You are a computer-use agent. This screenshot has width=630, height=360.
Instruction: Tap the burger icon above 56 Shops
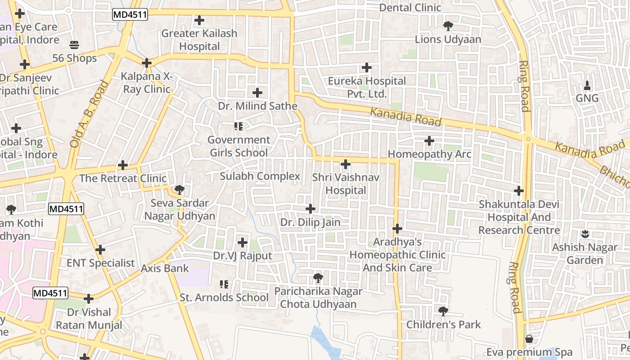point(74,45)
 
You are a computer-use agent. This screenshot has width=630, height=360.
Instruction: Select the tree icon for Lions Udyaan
point(448,26)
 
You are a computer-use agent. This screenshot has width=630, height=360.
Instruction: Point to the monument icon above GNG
point(587,85)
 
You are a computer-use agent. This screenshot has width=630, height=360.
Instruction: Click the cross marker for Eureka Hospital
point(367,68)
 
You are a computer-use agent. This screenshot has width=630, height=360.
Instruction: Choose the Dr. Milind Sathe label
point(257,106)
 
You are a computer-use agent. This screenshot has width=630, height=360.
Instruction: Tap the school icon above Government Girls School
point(238,126)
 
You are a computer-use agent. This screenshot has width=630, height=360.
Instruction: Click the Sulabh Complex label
point(260,176)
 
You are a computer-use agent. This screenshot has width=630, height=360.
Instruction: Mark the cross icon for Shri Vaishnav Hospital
point(346,164)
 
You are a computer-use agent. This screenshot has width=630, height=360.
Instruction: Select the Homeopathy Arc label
point(429,154)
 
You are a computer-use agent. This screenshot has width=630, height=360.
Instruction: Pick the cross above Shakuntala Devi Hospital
point(519,191)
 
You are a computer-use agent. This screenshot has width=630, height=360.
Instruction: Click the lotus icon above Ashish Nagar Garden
point(585,234)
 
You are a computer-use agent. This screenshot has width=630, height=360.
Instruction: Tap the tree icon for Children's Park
point(443,311)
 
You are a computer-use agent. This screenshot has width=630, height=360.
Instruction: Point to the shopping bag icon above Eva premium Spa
point(529,338)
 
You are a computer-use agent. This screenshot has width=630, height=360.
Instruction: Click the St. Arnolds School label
point(224,297)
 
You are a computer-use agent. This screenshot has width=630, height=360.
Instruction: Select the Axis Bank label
point(165,268)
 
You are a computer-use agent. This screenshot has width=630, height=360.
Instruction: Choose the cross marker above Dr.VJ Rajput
point(243,243)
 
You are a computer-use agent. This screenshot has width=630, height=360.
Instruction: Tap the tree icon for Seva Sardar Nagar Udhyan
point(180,189)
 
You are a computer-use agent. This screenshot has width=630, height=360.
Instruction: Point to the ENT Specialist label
point(100,263)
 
